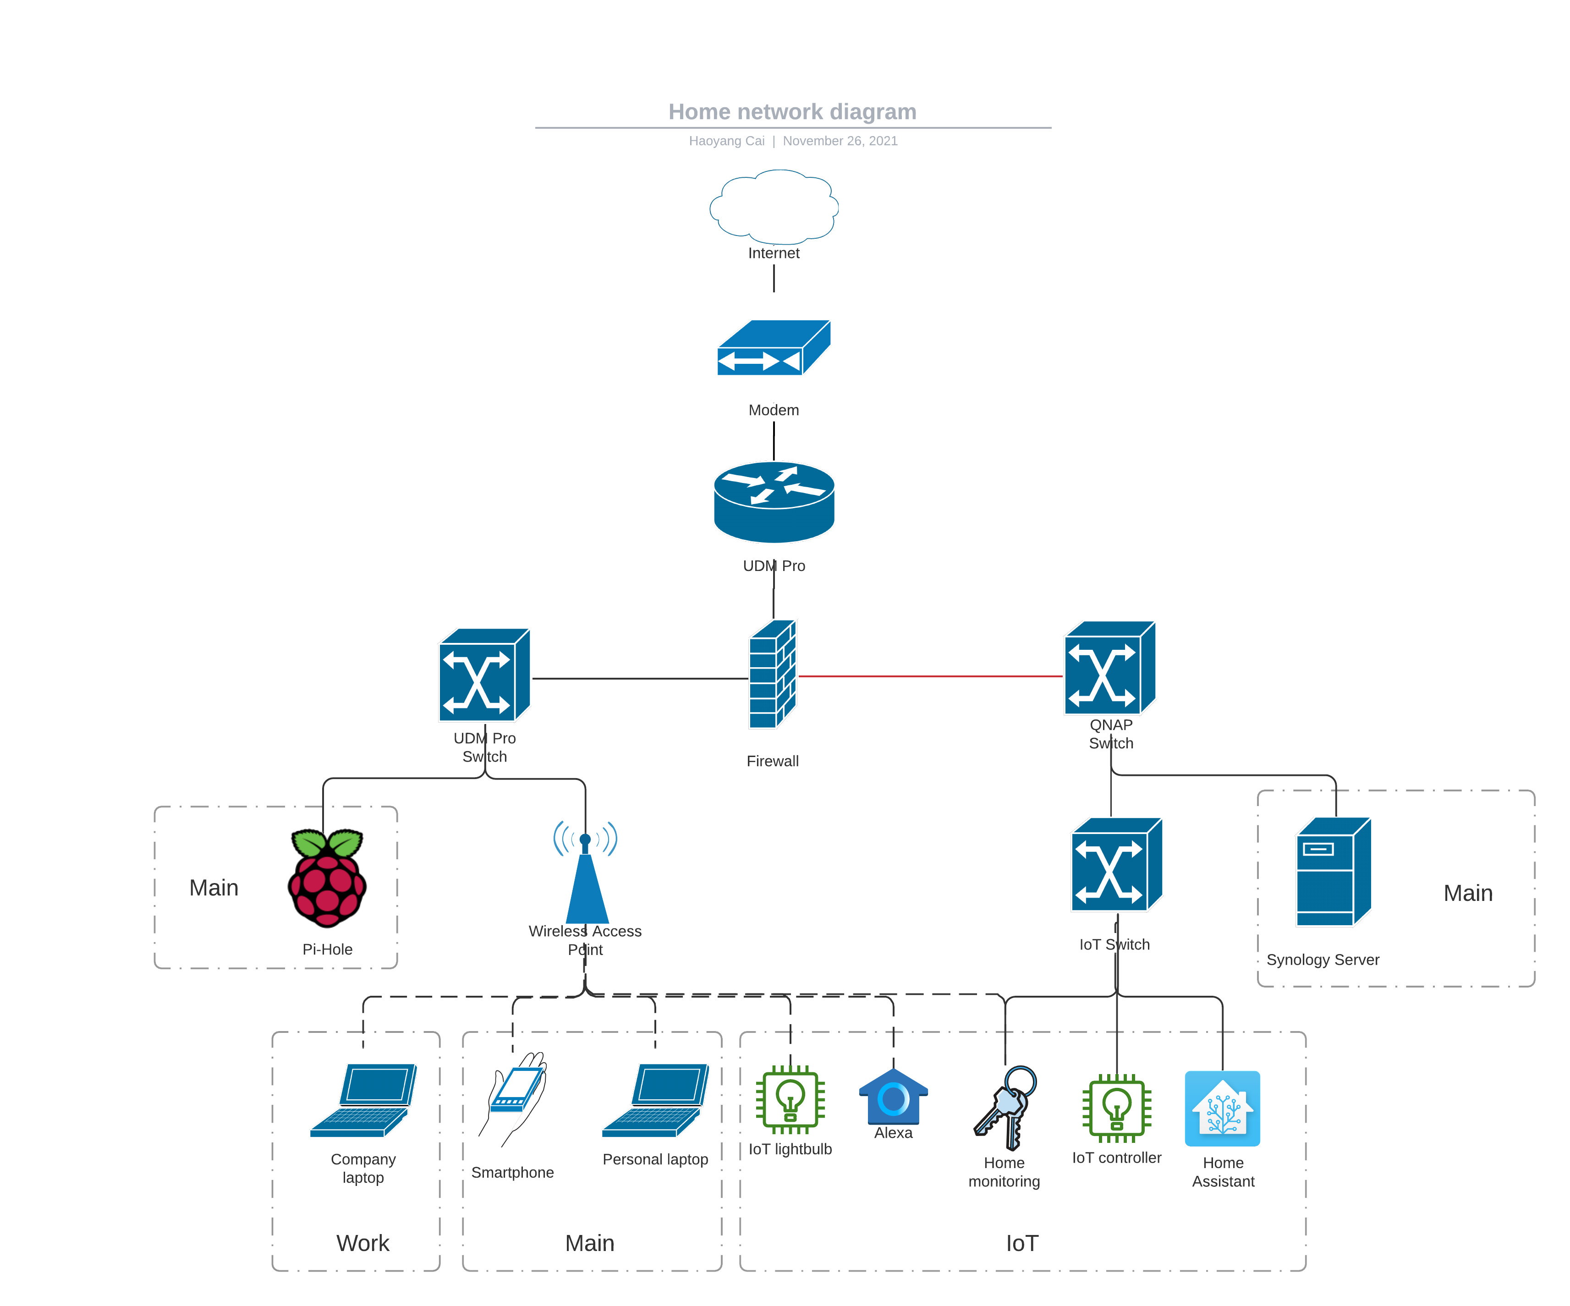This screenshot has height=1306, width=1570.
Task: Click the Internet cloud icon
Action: pos(774,206)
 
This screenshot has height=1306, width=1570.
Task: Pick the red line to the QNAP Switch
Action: pos(931,676)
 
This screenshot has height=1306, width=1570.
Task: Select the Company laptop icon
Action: pos(363,1100)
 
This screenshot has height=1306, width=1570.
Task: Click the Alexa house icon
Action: pos(894,1097)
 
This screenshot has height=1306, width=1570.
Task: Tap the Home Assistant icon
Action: pos(1222,1108)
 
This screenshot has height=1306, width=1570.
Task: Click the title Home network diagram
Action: pos(792,111)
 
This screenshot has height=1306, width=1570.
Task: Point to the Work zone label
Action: pos(362,1242)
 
